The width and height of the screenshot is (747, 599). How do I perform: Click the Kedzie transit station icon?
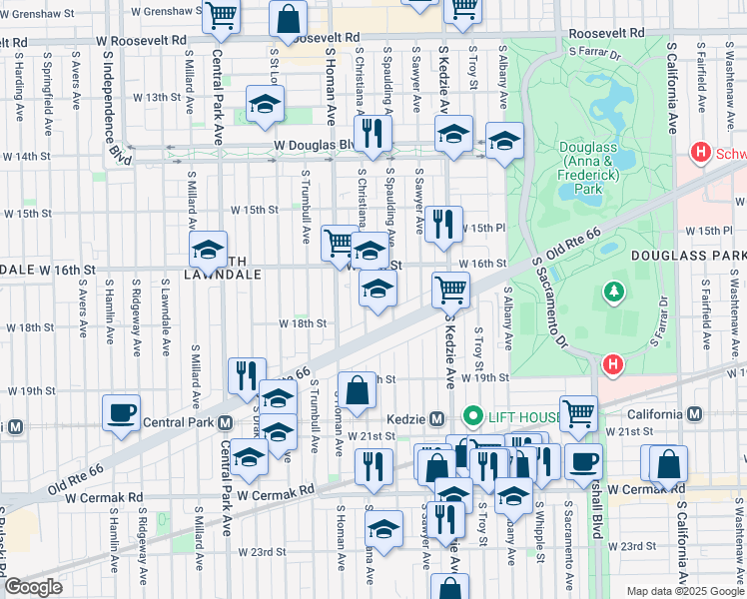[435, 416]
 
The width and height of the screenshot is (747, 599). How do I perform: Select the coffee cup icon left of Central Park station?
[122, 412]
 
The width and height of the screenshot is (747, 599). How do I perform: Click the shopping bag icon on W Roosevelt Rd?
[288, 19]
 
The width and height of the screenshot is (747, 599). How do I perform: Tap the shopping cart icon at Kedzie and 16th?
[450, 289]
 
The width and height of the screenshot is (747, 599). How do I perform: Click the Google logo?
[33, 587]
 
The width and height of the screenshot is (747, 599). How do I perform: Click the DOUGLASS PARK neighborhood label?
[687, 256]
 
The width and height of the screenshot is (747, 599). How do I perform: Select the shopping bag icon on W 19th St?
[356, 389]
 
